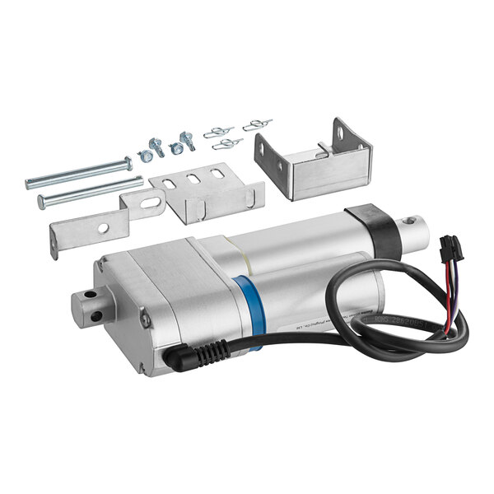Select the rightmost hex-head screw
click(189, 141)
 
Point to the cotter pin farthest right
click(256, 124)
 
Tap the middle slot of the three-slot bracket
click(193, 179)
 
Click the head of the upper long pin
click(128, 161)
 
